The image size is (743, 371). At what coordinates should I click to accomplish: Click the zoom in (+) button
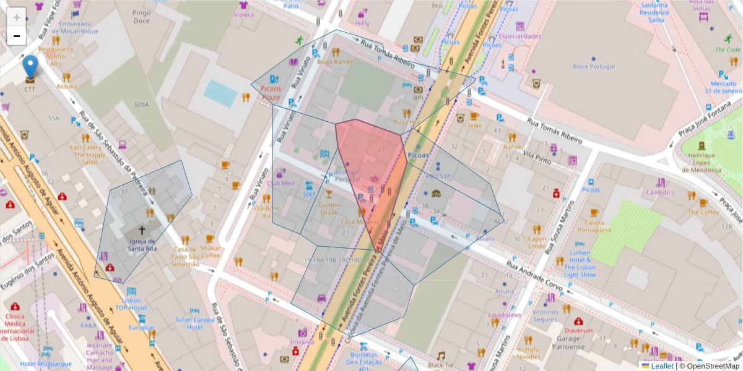[17, 17]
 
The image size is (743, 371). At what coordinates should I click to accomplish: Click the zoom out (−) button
[17, 36]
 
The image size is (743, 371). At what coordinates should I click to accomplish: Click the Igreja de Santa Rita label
[142, 244]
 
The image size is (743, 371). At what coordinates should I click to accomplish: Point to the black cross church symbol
[149, 212]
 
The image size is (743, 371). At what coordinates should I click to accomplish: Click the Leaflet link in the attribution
[662, 365]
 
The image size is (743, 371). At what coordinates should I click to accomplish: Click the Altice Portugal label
[593, 66]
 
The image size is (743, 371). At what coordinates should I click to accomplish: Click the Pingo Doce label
[141, 17]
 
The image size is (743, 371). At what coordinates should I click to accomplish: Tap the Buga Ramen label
[335, 62]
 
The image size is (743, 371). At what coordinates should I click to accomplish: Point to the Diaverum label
[579, 330]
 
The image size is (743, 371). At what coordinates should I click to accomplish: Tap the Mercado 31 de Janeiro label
[726, 87]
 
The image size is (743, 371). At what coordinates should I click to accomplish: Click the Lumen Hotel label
[580, 263]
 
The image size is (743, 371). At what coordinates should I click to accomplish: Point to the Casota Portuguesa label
[594, 226]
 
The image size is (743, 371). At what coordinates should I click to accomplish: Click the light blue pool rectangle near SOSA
[220, 93]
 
